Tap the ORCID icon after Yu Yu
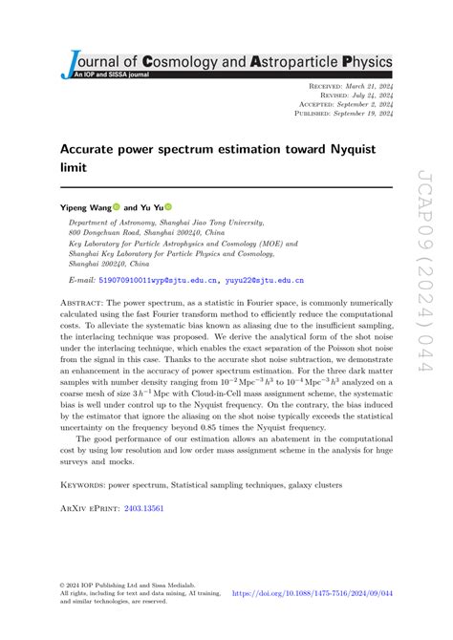pyautogui.click(x=168, y=205)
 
